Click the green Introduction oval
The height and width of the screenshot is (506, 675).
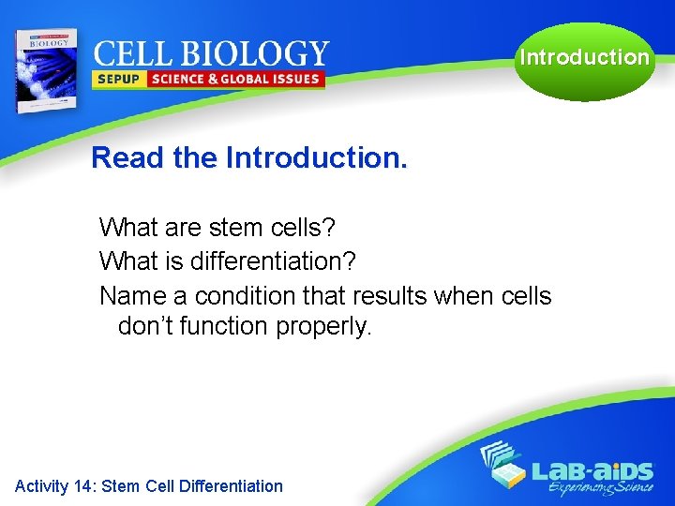tap(584, 58)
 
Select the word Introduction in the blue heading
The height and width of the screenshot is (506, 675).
tap(316, 157)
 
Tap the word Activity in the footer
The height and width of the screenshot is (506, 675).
tap(41, 485)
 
